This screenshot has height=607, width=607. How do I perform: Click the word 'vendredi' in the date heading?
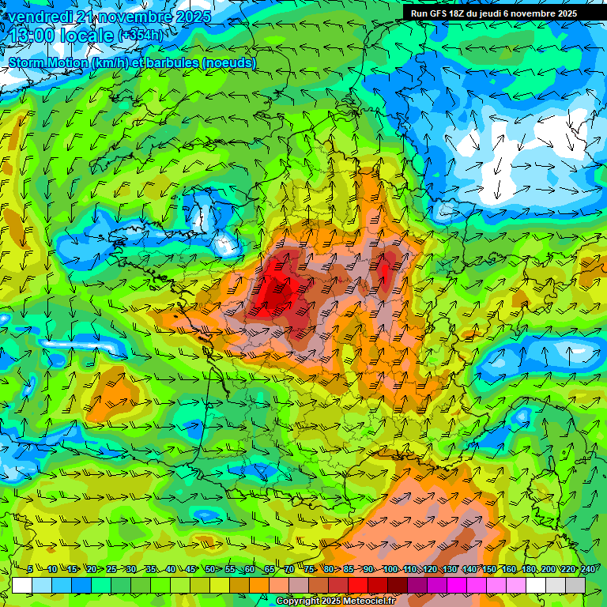(40, 17)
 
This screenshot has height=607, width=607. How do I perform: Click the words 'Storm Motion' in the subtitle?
(49, 62)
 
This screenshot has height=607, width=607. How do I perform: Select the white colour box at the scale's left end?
(22, 586)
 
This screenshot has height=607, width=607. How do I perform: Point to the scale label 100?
(390, 570)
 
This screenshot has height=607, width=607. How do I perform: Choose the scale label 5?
(30, 570)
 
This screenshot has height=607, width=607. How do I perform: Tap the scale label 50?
(210, 570)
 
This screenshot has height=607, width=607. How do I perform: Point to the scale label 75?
(309, 570)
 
